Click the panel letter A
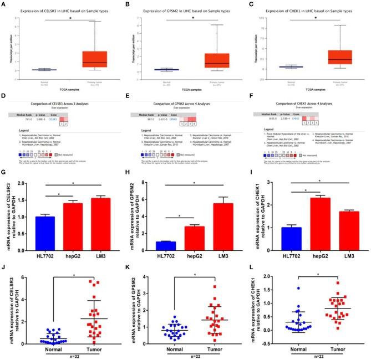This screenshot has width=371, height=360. point(4,4)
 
